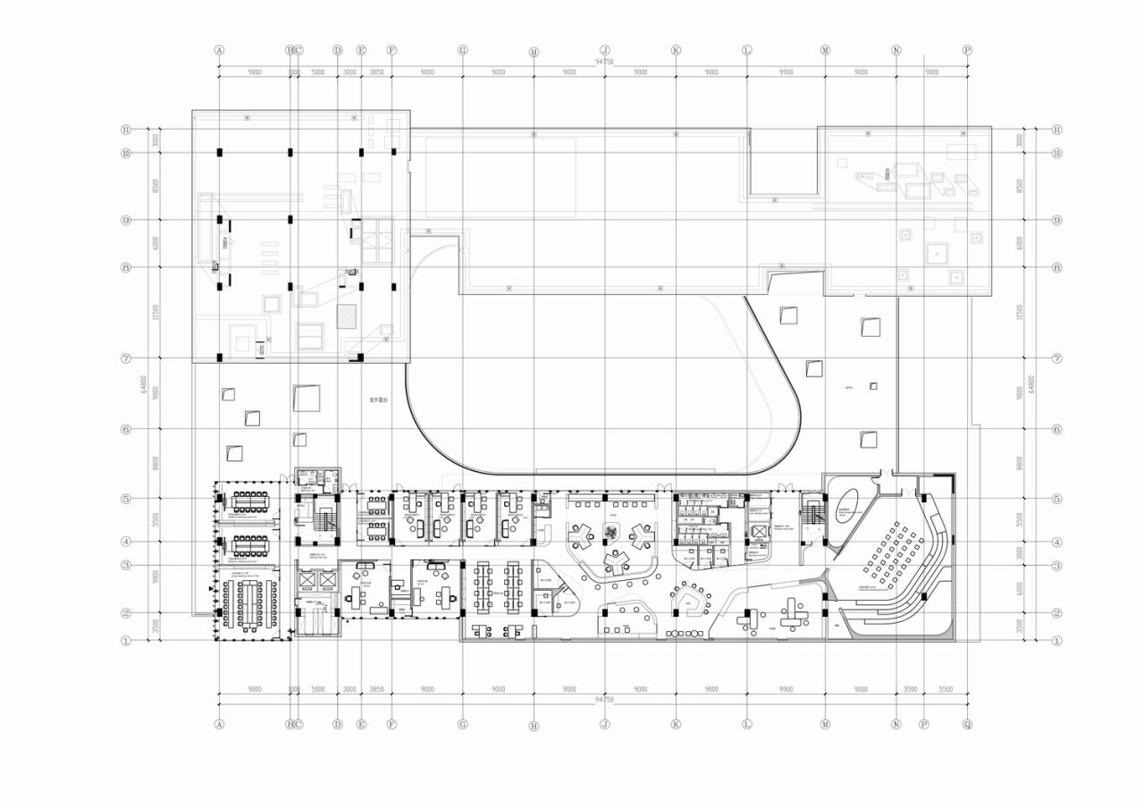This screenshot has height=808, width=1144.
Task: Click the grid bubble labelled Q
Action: click(x=967, y=725)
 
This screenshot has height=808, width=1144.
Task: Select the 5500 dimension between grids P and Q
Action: click(x=946, y=690)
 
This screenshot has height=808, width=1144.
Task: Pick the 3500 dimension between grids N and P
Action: click(x=910, y=690)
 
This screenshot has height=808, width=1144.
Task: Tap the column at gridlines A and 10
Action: click(x=219, y=153)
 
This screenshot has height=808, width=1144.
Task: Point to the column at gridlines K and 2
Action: click(x=676, y=613)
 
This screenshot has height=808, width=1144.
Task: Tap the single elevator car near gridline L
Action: click(x=759, y=533)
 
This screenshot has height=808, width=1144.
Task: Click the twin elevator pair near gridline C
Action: click(x=316, y=582)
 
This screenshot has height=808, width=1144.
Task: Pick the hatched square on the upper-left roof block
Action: click(x=345, y=315)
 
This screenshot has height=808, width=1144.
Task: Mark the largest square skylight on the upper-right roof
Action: click(x=937, y=254)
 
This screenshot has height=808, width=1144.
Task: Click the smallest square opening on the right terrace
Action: click(x=873, y=386)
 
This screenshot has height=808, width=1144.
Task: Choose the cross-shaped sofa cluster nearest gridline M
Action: click(x=793, y=613)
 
